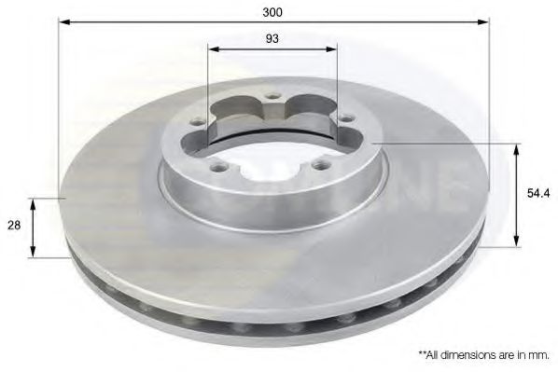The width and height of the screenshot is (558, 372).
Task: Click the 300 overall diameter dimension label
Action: [x=272, y=12]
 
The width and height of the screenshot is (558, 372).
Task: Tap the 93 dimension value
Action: [x=272, y=38]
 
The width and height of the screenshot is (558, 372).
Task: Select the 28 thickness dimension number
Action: [x=14, y=225]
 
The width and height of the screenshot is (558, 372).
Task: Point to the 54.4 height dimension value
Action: [x=538, y=193]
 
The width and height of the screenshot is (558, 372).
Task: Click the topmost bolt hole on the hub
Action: [x=272, y=96]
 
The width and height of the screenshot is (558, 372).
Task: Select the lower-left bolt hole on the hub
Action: [x=219, y=166]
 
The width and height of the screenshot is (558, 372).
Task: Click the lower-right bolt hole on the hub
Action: [x=322, y=165]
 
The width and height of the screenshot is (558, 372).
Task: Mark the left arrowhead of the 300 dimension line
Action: [x=64, y=22]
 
